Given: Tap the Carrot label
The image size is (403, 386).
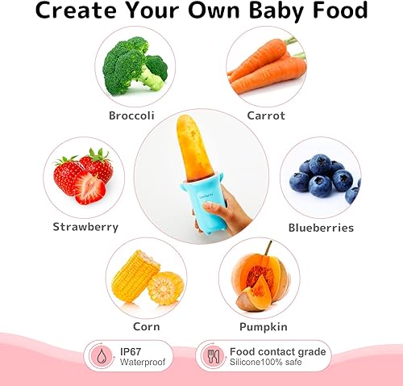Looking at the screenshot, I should [x=265, y=115].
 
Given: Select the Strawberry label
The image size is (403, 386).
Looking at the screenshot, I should [x=85, y=227].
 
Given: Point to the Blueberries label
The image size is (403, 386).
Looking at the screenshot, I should [x=321, y=227].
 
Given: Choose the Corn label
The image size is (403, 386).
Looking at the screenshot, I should [x=147, y=326].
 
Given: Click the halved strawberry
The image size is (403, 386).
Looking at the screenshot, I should [x=89, y=189].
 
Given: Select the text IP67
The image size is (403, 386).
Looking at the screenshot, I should [x=132, y=351].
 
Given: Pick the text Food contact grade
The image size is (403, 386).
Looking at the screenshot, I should [x=277, y=351].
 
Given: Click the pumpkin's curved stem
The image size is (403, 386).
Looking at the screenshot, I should [x=267, y=247].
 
